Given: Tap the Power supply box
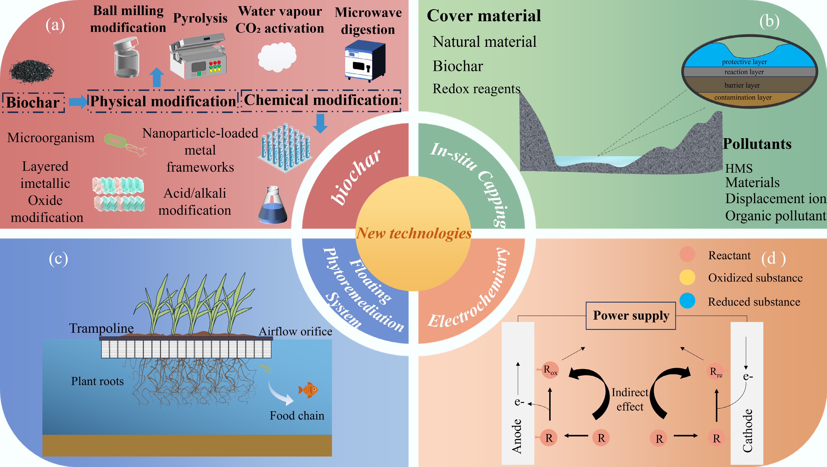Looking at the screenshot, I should point(631,316).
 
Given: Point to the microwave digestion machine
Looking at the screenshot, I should point(365,60).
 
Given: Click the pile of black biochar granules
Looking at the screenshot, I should point(31,71).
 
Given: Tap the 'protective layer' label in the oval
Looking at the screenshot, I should point(744,62).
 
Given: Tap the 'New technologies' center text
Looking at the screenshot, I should point(414,233).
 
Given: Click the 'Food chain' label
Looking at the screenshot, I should point(297,416).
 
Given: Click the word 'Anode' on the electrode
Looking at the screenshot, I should point(517,436).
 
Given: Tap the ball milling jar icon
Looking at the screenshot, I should point(127,58).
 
